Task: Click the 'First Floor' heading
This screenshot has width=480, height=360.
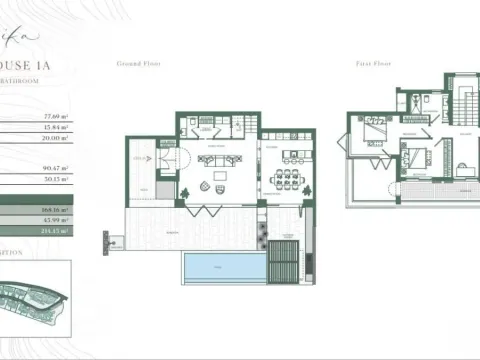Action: pos(372,62)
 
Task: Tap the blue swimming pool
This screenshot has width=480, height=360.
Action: pos(218,266)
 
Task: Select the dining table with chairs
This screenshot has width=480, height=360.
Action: pos(287,180)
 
